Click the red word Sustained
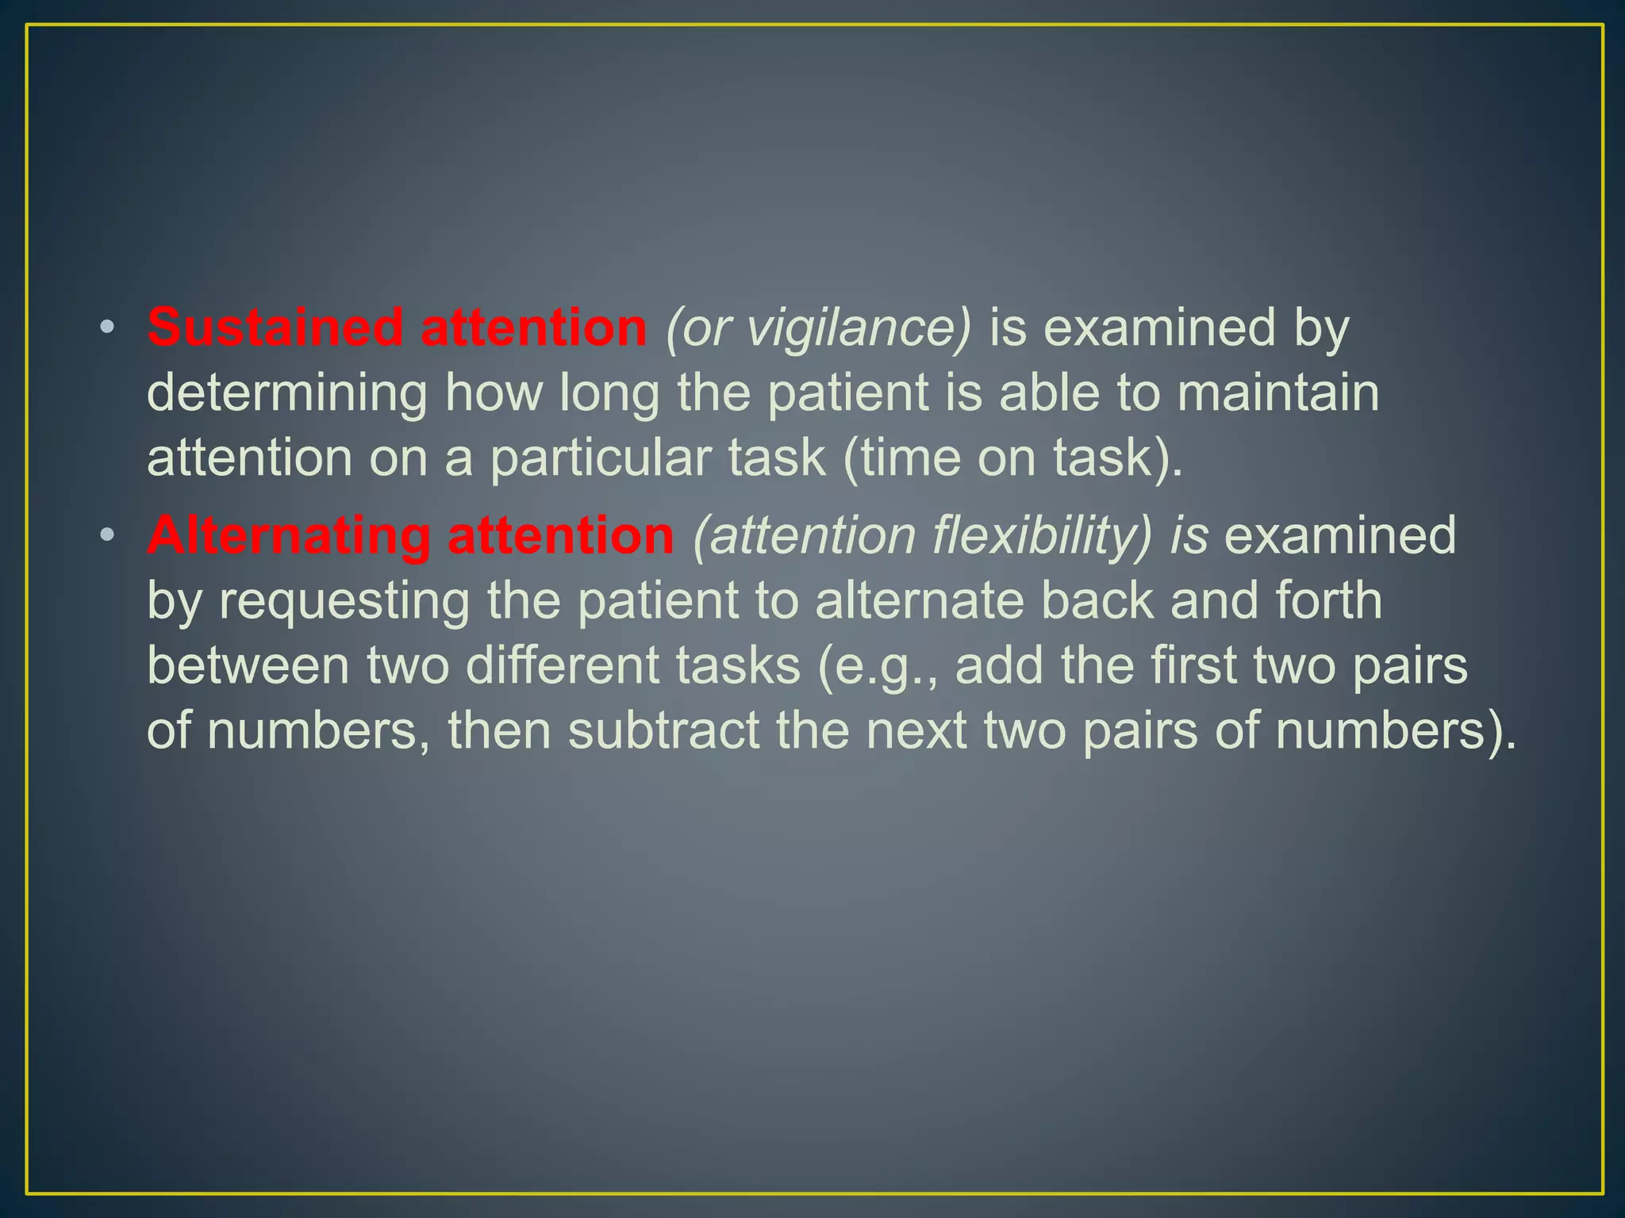(x=275, y=327)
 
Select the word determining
(x=286, y=394)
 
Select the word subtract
(x=663, y=730)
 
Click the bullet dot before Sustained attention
(x=107, y=327)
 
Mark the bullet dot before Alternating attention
(x=107, y=536)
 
